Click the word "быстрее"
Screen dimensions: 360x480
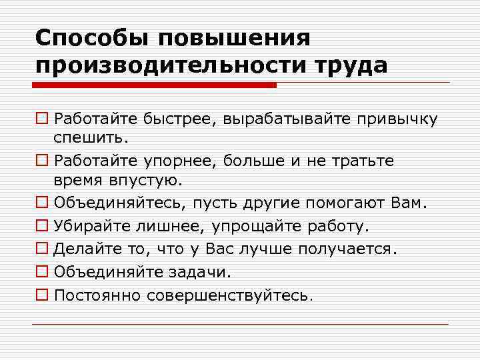point(170,119)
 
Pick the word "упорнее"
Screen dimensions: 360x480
point(171,161)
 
